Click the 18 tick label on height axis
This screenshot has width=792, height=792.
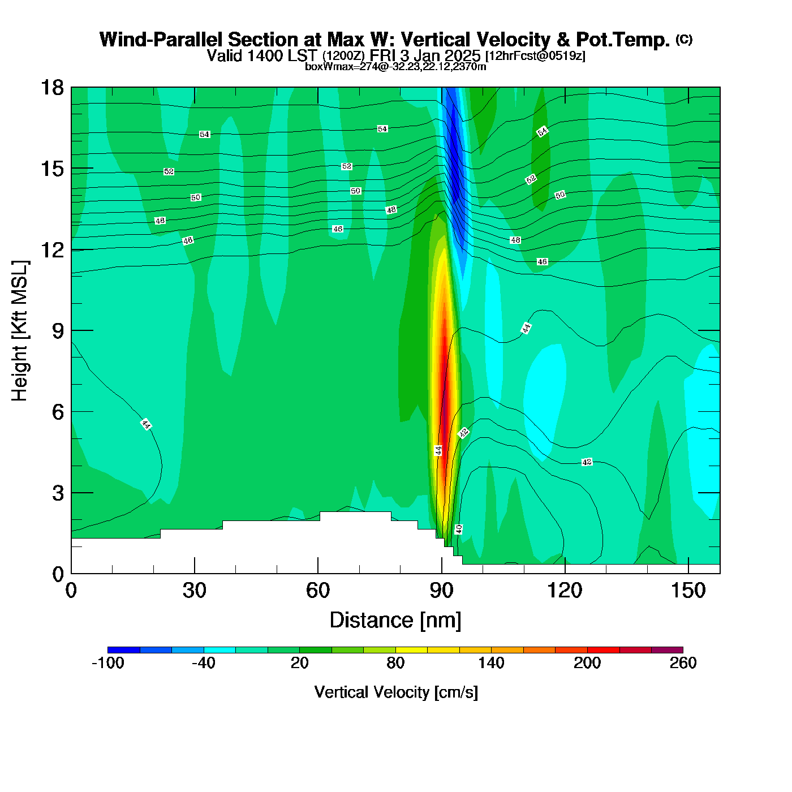[52, 88]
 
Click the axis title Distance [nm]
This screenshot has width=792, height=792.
[395, 620]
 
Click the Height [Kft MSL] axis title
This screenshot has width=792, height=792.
[20, 331]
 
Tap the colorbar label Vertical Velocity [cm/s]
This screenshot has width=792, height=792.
[396, 692]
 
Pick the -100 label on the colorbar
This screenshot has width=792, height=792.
[107, 663]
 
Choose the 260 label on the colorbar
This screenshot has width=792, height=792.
[683, 663]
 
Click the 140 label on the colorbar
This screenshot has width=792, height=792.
[491, 663]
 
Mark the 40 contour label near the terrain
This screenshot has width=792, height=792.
[459, 529]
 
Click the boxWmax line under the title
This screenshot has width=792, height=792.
[395, 66]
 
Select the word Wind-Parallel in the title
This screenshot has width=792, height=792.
[162, 40]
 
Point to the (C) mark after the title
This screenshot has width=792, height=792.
[684, 39]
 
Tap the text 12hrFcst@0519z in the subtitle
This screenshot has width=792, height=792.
[535, 56]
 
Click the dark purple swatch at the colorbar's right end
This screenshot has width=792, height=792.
[667, 649]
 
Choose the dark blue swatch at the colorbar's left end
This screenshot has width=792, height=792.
[124, 649]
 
